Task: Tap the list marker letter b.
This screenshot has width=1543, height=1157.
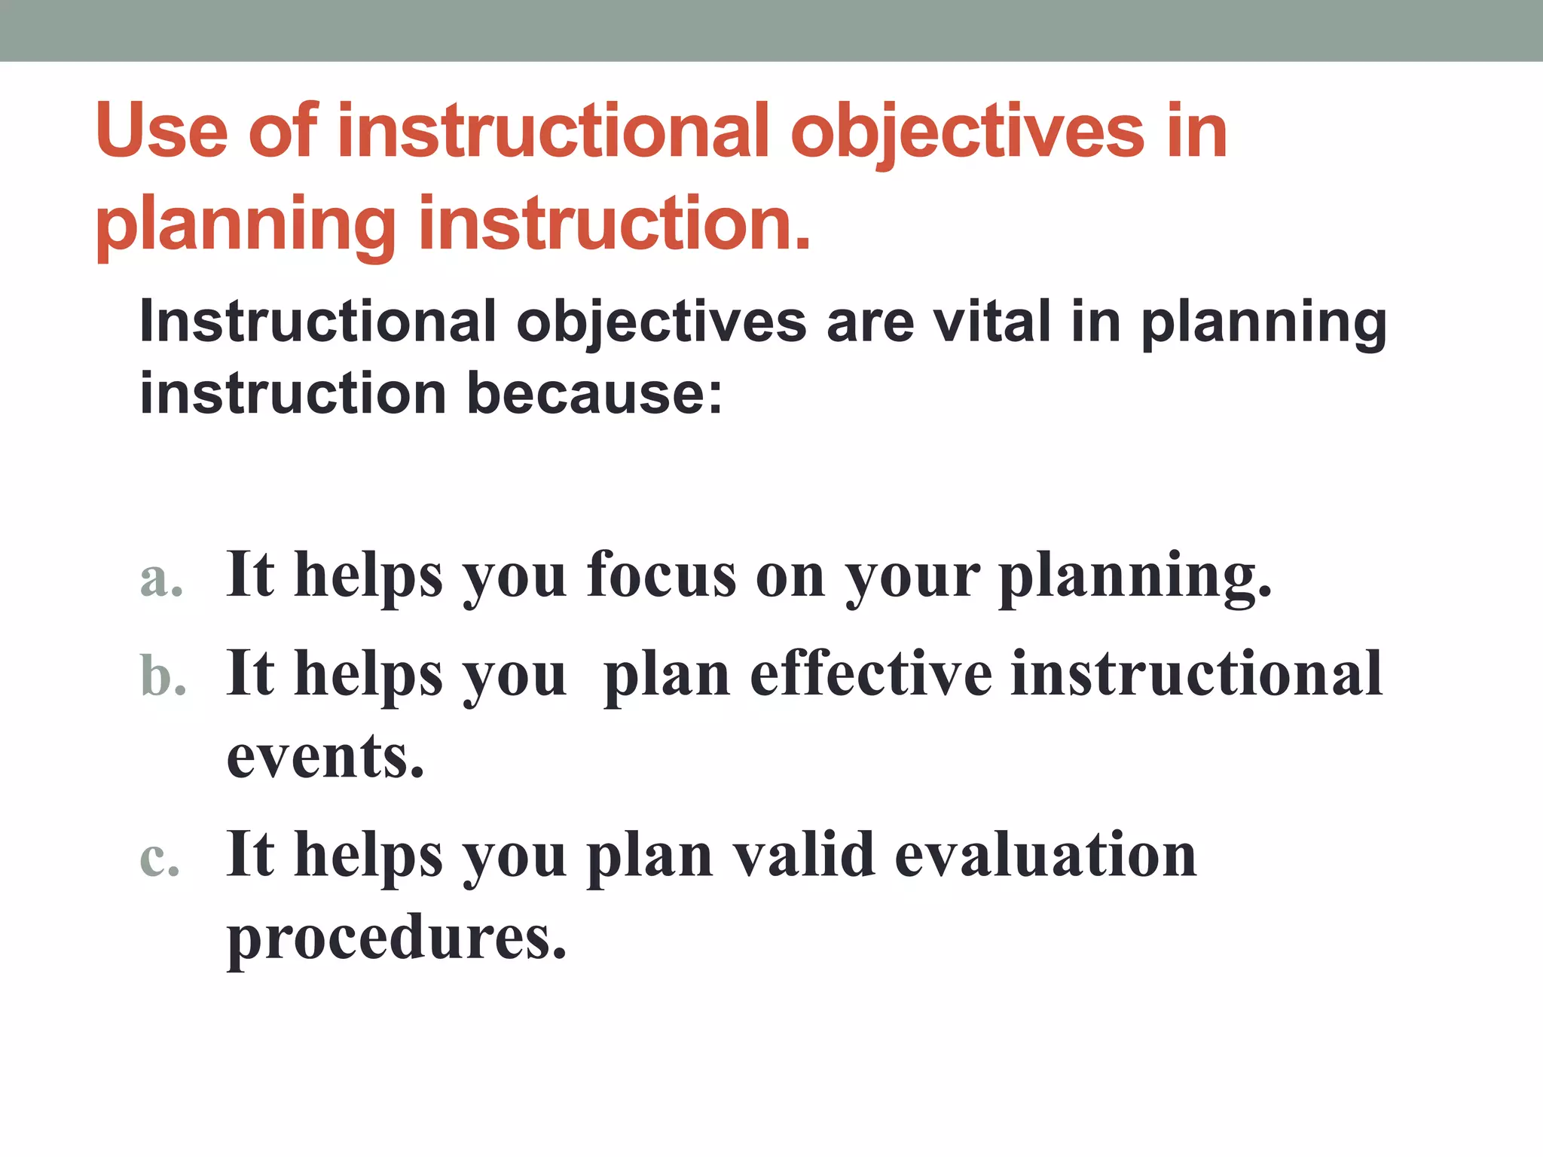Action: (163, 674)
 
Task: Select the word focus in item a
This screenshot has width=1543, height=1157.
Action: (662, 576)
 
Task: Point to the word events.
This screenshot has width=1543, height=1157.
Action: (325, 757)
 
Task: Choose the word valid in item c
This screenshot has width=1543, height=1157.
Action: (804, 856)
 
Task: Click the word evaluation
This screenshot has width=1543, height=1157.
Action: (1045, 856)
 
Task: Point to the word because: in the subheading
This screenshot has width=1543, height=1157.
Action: (594, 393)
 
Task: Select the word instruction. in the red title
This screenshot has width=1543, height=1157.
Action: (614, 224)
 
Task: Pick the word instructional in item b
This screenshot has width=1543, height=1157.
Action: (1196, 674)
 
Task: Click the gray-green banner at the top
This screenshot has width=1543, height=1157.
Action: (771, 30)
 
